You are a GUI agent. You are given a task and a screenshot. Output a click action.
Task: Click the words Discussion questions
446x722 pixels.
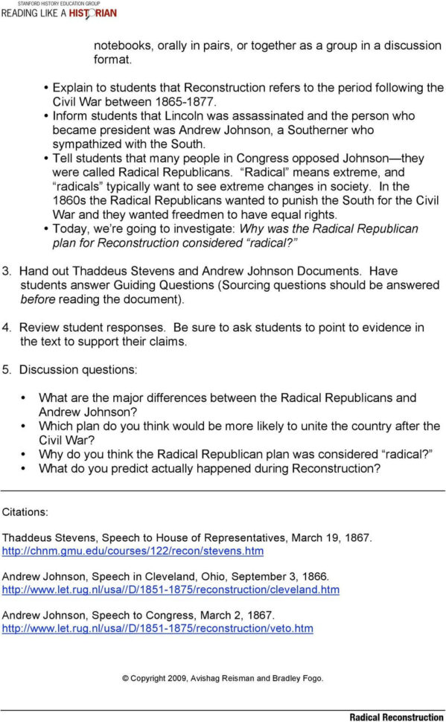tap(78, 370)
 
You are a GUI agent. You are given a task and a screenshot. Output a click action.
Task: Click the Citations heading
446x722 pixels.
tap(25, 512)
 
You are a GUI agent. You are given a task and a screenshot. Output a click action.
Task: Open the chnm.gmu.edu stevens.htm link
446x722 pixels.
tap(133, 551)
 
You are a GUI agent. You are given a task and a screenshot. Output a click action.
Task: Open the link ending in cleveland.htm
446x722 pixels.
tap(171, 590)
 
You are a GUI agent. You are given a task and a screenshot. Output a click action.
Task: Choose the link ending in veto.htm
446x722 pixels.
tap(158, 628)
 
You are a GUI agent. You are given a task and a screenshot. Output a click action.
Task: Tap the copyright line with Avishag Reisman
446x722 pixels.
tap(223, 678)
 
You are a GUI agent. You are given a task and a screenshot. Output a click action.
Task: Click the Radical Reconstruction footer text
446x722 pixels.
tap(396, 716)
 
